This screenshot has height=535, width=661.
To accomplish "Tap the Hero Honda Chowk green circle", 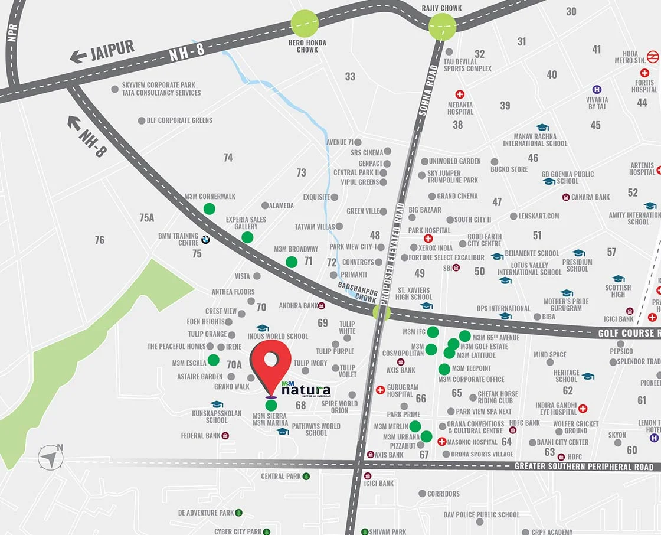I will (305, 24).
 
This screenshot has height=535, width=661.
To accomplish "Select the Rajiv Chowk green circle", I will (442, 26).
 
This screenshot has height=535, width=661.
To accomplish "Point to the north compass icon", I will (51, 457).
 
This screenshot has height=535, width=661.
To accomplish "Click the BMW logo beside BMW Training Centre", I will (205, 240).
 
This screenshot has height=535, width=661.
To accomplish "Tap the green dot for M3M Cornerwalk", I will (209, 208).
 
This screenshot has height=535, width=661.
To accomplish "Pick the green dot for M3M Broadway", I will (292, 262).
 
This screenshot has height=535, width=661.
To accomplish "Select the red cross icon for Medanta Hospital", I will (460, 94).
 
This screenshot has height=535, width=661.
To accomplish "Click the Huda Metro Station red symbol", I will (653, 57).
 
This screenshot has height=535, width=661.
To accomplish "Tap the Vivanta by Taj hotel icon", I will (597, 89).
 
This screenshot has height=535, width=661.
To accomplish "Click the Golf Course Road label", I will (629, 333).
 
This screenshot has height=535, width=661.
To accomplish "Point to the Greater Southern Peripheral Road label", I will (584, 467).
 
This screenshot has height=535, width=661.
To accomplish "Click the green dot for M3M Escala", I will (214, 360).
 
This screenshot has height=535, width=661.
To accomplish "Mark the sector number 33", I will (351, 76).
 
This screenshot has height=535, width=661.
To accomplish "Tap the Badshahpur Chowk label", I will (357, 292).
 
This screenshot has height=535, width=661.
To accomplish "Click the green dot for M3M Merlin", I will (415, 426).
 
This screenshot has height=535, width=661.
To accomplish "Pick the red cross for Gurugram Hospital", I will (380, 390).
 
